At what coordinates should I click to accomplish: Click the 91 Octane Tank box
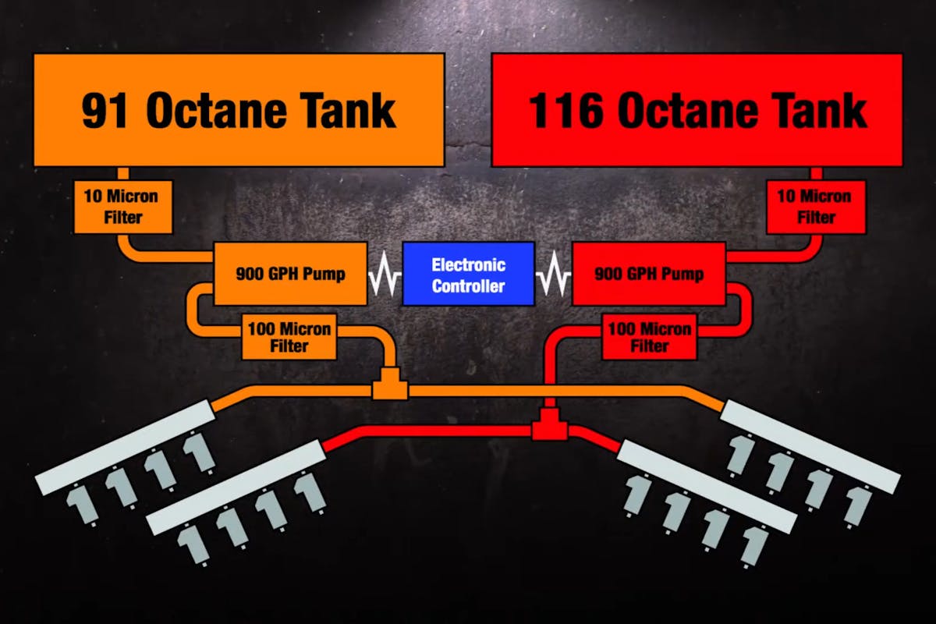239,110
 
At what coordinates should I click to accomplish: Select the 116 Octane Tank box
697,110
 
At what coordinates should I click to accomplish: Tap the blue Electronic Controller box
468,274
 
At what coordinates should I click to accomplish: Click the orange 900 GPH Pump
290,273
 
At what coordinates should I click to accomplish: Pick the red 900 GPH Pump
649,273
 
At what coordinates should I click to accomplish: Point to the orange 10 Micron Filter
123,207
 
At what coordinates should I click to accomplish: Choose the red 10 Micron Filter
816,207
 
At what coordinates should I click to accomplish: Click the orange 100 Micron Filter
289,336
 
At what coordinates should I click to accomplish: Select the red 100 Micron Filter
649,336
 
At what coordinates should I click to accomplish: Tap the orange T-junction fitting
388,387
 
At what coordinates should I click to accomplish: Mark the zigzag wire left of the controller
385,275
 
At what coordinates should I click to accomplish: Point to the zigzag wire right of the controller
553,275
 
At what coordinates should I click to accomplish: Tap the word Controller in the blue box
468,285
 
